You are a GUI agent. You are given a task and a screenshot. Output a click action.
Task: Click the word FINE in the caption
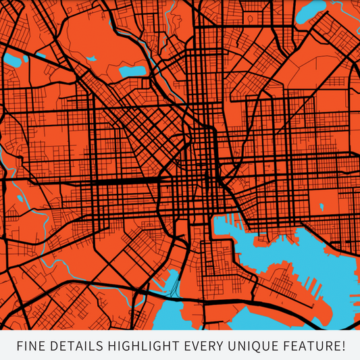coord(28,346)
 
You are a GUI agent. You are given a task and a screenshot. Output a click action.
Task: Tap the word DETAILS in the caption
coord(72,346)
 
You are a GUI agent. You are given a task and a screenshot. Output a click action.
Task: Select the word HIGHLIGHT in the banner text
coord(137,346)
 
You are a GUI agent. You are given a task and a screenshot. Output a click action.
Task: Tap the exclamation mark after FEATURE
coord(344,346)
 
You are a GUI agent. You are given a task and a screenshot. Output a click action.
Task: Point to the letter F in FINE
coord(18,346)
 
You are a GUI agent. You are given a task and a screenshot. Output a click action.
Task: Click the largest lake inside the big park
coord(132,70)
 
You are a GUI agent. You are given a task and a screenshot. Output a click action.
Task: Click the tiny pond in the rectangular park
coord(322,205)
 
